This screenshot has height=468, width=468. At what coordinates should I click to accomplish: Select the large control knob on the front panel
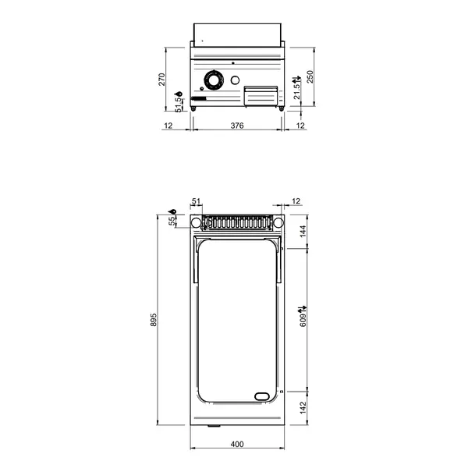click(x=212, y=80)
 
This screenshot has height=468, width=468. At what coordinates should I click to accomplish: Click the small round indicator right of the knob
click(x=236, y=80)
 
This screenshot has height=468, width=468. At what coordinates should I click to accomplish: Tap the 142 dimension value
click(x=305, y=408)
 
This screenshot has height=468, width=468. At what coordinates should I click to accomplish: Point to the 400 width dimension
click(x=237, y=444)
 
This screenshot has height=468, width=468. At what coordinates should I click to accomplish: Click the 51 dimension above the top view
click(x=196, y=201)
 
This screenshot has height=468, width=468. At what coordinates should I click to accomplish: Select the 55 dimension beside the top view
click(x=173, y=222)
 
